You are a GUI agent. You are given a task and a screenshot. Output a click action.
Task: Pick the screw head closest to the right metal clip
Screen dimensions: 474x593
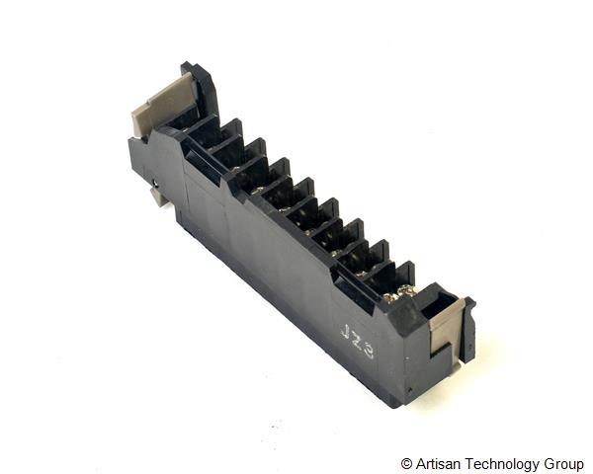(404, 293)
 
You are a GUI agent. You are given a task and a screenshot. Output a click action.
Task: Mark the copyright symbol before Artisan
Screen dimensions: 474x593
(407, 463)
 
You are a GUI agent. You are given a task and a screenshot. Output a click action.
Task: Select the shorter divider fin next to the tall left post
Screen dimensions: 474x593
(228, 134)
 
